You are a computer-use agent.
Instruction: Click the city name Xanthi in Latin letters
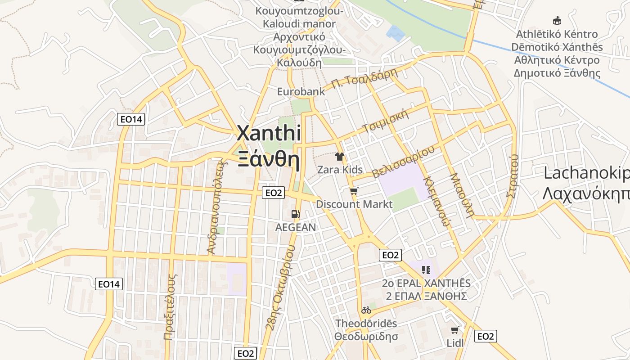click(x=269, y=134)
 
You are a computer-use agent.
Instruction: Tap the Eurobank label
click(x=301, y=92)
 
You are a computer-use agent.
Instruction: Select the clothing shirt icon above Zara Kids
click(x=340, y=157)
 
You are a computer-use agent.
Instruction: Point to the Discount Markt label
click(x=354, y=204)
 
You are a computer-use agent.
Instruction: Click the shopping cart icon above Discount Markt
click(x=354, y=191)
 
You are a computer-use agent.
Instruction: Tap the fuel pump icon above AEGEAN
click(x=295, y=214)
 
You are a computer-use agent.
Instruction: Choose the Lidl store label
click(x=454, y=343)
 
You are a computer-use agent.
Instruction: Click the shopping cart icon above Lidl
click(x=455, y=330)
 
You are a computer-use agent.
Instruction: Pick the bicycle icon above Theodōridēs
click(x=366, y=310)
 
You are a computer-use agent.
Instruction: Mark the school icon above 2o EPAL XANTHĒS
click(x=426, y=270)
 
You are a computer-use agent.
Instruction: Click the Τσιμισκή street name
click(x=387, y=121)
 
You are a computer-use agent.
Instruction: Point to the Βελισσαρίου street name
click(x=404, y=162)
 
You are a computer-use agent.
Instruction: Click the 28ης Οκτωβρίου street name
click(x=281, y=288)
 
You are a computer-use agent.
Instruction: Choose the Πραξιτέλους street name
click(x=169, y=306)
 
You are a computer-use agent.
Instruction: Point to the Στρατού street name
click(x=513, y=175)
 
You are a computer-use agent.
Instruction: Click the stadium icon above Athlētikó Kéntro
click(x=557, y=20)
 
